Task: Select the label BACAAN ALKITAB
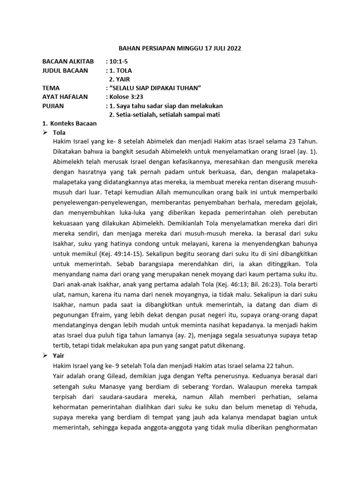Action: [x=67, y=61]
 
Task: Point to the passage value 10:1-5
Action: [x=118, y=61]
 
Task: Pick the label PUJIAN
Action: [x=53, y=106]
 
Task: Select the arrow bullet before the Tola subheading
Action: [x=45, y=133]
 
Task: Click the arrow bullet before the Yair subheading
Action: [x=45, y=356]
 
